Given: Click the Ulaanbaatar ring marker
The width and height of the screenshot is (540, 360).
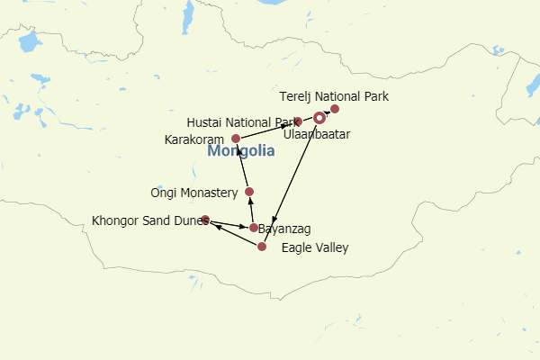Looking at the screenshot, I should click(319, 118).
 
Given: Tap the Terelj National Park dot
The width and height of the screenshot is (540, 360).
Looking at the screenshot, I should click(335, 109).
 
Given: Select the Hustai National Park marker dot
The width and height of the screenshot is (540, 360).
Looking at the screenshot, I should click(297, 121).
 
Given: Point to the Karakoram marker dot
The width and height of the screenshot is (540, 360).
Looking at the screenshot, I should click(236, 139).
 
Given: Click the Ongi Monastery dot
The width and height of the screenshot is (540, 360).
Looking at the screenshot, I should click(249, 192).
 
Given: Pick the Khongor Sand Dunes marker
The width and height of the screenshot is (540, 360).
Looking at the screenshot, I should click(205, 220).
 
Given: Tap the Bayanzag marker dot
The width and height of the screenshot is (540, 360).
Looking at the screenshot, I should click(254, 228).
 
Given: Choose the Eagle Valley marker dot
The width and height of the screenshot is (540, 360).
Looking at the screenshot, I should click(262, 247).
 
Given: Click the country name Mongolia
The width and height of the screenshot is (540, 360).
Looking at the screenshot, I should click(241, 152).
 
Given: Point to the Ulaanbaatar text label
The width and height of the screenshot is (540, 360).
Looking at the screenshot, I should click(316, 134).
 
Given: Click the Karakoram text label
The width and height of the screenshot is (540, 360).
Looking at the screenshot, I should click(194, 139).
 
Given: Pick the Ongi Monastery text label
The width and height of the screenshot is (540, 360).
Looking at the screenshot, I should click(193, 193).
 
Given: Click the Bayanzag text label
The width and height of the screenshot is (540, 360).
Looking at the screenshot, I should click(286, 229).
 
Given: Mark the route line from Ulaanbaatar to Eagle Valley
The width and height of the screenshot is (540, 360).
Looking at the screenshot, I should click(295, 176).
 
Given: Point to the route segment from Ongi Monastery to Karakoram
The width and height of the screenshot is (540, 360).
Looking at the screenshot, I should click(243, 166).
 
